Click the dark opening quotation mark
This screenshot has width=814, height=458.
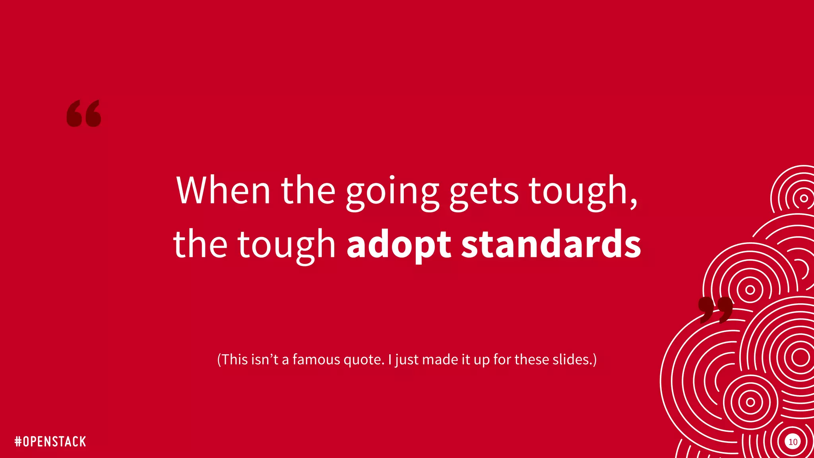click(84, 114)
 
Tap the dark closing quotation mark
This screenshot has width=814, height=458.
click(715, 309)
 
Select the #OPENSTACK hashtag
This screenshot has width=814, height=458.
click(50, 441)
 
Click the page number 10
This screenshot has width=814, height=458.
click(793, 442)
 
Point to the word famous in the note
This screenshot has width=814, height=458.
click(316, 359)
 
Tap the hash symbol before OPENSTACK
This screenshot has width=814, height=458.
click(18, 441)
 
